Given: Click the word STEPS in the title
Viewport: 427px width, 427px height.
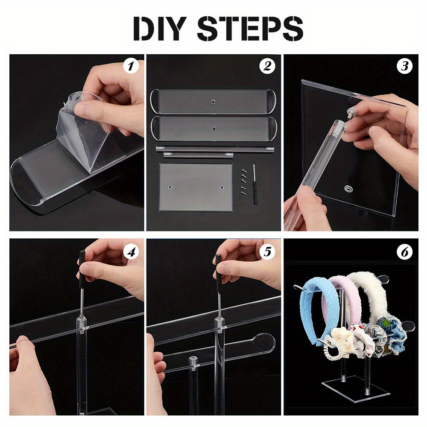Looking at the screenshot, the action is [x=250, y=29].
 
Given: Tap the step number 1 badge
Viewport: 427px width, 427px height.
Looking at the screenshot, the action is [x=131, y=66].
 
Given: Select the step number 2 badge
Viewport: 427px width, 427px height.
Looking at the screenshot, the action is [x=267, y=66].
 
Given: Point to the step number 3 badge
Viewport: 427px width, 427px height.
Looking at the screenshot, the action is [x=404, y=66].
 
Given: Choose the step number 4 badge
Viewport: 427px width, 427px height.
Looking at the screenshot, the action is [x=131, y=252].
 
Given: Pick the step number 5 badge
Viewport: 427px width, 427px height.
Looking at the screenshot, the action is [x=267, y=252].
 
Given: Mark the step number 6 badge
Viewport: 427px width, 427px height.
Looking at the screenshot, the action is [x=404, y=252].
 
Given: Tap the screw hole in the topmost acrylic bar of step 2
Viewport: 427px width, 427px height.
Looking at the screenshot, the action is [x=213, y=102].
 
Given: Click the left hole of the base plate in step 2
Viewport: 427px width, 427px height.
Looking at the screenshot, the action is [x=170, y=187].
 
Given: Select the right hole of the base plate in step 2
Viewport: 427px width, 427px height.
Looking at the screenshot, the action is [x=222, y=187].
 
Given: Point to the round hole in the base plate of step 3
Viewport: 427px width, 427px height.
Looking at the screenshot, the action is [x=348, y=188].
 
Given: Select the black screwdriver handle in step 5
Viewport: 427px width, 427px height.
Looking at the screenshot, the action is [x=218, y=262].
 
